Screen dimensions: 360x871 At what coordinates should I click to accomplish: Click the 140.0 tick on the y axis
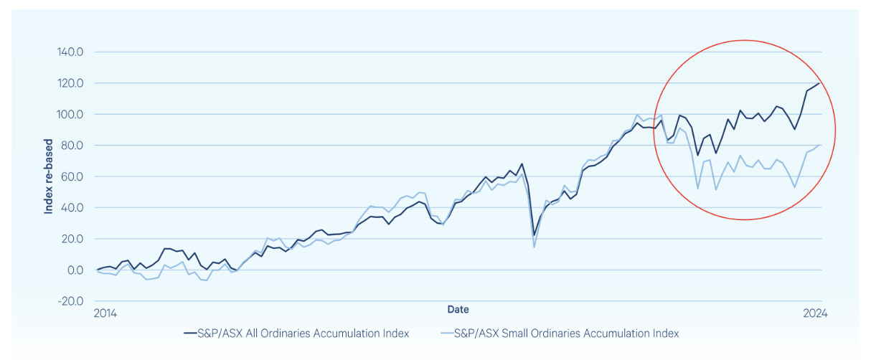[x=72, y=52]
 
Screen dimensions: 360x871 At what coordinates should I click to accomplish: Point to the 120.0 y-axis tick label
[x=72, y=83]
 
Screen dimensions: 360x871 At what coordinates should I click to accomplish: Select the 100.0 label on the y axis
[x=72, y=115]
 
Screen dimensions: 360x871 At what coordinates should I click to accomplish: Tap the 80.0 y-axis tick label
[x=74, y=146]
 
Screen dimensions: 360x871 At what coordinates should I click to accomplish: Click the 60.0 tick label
[x=74, y=176]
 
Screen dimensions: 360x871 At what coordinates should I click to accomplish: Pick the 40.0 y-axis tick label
[x=74, y=208]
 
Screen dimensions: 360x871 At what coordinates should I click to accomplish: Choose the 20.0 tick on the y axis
[x=74, y=239]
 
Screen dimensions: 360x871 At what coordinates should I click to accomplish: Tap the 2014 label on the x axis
[x=105, y=313]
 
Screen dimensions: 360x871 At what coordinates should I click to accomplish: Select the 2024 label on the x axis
[x=815, y=313]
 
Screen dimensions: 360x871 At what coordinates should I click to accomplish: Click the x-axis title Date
[x=458, y=309]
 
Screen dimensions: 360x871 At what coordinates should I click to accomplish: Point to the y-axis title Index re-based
[x=49, y=176]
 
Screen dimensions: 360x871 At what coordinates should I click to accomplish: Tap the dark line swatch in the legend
[x=190, y=333]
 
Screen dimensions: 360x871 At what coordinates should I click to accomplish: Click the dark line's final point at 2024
[x=819, y=83]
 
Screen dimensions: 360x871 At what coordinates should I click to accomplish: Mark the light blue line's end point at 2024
[x=819, y=145]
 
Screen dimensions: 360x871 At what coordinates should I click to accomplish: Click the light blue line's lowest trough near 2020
[x=534, y=247]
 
